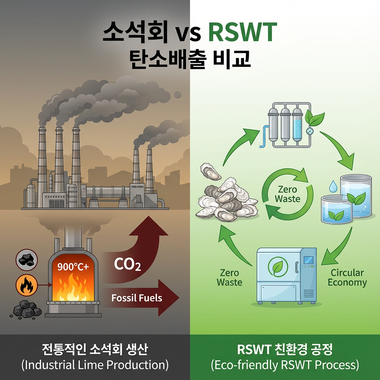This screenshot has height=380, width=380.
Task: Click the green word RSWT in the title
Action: point(243,33)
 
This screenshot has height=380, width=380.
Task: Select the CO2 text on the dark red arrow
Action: point(127,265)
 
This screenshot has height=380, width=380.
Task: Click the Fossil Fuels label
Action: point(137,298)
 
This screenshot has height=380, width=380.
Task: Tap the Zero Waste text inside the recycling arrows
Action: point(288,194)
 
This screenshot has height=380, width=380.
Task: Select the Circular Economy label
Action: point(347,278)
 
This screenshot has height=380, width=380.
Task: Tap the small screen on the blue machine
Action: point(308,260)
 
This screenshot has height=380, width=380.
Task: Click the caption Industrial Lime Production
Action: point(95,365)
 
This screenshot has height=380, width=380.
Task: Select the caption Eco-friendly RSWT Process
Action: point(285,365)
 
